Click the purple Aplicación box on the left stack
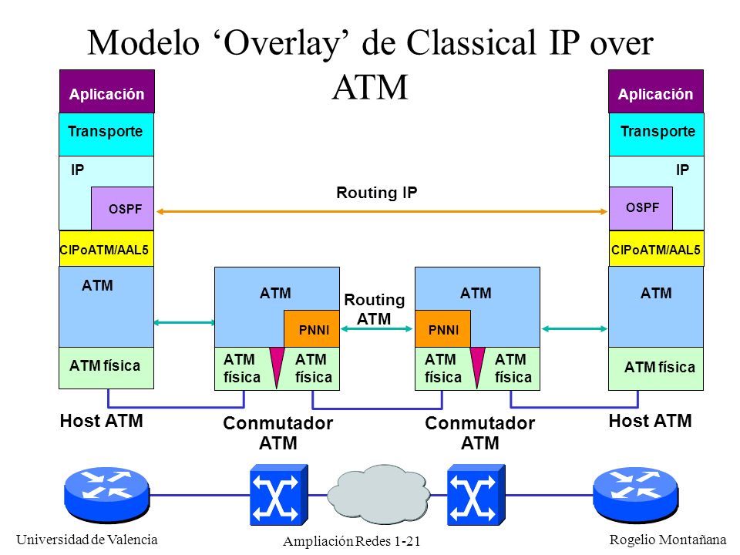(107, 92)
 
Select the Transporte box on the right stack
(657, 134)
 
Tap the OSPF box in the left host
(123, 208)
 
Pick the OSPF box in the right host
(641, 208)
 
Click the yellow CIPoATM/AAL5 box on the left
(106, 249)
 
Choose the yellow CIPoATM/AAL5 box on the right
(657, 249)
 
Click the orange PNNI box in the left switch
(311, 329)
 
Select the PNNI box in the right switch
(442, 329)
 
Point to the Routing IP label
(377, 193)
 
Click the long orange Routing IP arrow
(382, 212)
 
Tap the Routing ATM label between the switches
(375, 309)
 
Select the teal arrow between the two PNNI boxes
(377, 329)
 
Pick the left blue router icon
(106, 495)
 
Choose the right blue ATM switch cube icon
(476, 495)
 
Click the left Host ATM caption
(102, 421)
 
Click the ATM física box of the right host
(656, 368)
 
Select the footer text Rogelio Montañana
(668, 540)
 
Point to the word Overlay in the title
(282, 43)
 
